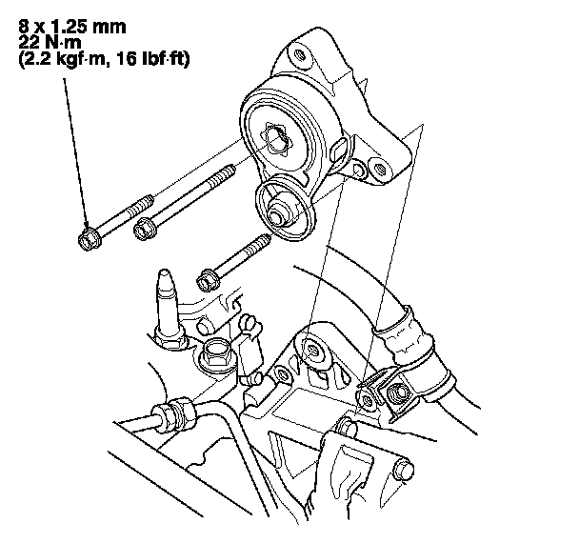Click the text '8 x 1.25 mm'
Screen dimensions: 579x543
click(x=72, y=27)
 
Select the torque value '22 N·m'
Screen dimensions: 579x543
click(x=50, y=43)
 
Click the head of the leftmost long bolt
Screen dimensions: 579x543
click(x=90, y=240)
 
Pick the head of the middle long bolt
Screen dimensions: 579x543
click(x=146, y=229)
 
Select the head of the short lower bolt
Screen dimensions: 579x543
click(x=209, y=280)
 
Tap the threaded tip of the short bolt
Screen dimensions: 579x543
click(x=262, y=241)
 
